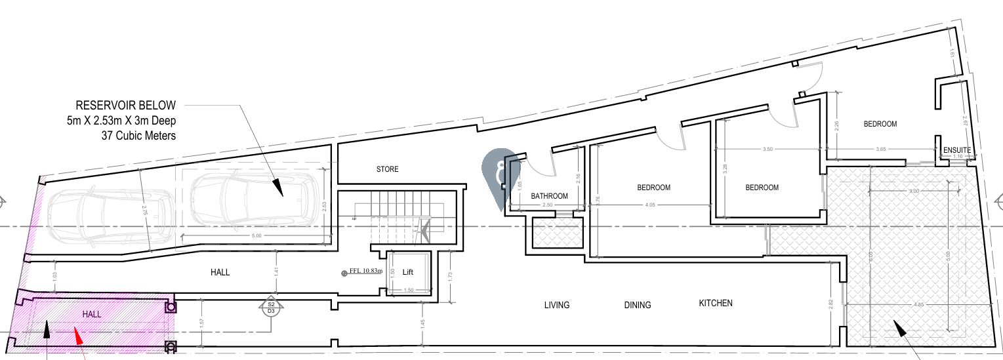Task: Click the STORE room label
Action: click(387, 169)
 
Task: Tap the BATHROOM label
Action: click(549, 196)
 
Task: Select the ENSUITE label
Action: click(956, 150)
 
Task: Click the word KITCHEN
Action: click(715, 303)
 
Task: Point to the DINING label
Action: click(638, 305)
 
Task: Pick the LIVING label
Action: click(556, 305)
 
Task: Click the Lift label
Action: click(407, 272)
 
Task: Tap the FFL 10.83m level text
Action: click(365, 271)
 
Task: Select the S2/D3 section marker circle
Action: click(270, 308)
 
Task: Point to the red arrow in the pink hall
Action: click(78, 337)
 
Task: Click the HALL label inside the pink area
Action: click(92, 315)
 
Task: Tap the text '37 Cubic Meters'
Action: click(138, 136)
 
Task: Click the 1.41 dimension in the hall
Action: click(276, 270)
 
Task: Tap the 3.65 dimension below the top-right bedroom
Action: click(880, 150)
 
